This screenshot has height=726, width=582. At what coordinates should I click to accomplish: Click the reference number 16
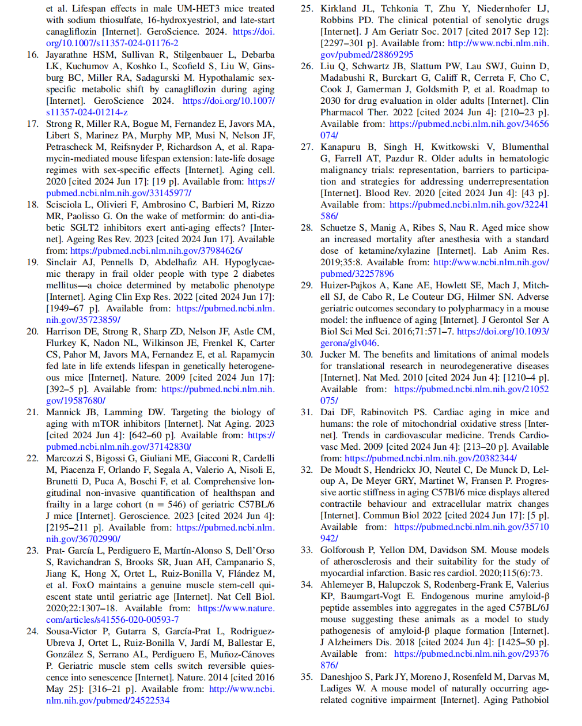[32, 55]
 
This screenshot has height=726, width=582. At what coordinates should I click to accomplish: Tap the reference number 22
[32, 458]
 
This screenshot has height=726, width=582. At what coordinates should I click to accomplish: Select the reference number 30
[307, 355]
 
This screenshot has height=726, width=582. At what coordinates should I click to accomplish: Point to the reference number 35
[307, 677]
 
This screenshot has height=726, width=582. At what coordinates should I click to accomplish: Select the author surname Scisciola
[66, 205]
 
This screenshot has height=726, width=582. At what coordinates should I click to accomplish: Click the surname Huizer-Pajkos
[352, 285]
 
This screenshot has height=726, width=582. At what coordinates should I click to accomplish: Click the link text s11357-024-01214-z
[87, 112]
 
